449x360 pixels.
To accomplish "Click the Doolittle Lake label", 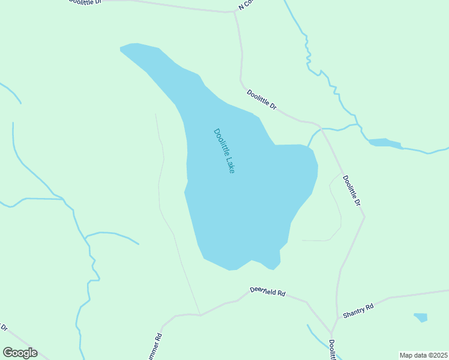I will pyautogui.click(x=223, y=151).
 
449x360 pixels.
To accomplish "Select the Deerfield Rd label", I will pyautogui.click(x=268, y=292).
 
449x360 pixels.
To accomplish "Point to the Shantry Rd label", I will pyautogui.click(x=358, y=310).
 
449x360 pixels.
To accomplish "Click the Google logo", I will pyautogui.click(x=20, y=353).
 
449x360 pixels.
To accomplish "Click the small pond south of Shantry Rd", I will pyautogui.click(x=421, y=317).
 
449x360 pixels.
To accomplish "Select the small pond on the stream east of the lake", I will pyautogui.click(x=384, y=143).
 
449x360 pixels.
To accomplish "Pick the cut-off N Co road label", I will pyautogui.click(x=246, y=5).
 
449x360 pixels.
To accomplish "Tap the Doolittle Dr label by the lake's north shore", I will pyautogui.click(x=262, y=99).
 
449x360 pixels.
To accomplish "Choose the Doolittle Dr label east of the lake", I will pyautogui.click(x=352, y=191).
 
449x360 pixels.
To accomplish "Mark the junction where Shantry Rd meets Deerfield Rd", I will pyautogui.click(x=331, y=333).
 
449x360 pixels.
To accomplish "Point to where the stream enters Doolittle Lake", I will pyautogui.click(x=309, y=146).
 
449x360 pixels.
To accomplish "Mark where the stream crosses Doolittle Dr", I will pyautogui.click(x=322, y=128).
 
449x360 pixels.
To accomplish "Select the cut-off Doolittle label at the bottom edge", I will pyautogui.click(x=332, y=350).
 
